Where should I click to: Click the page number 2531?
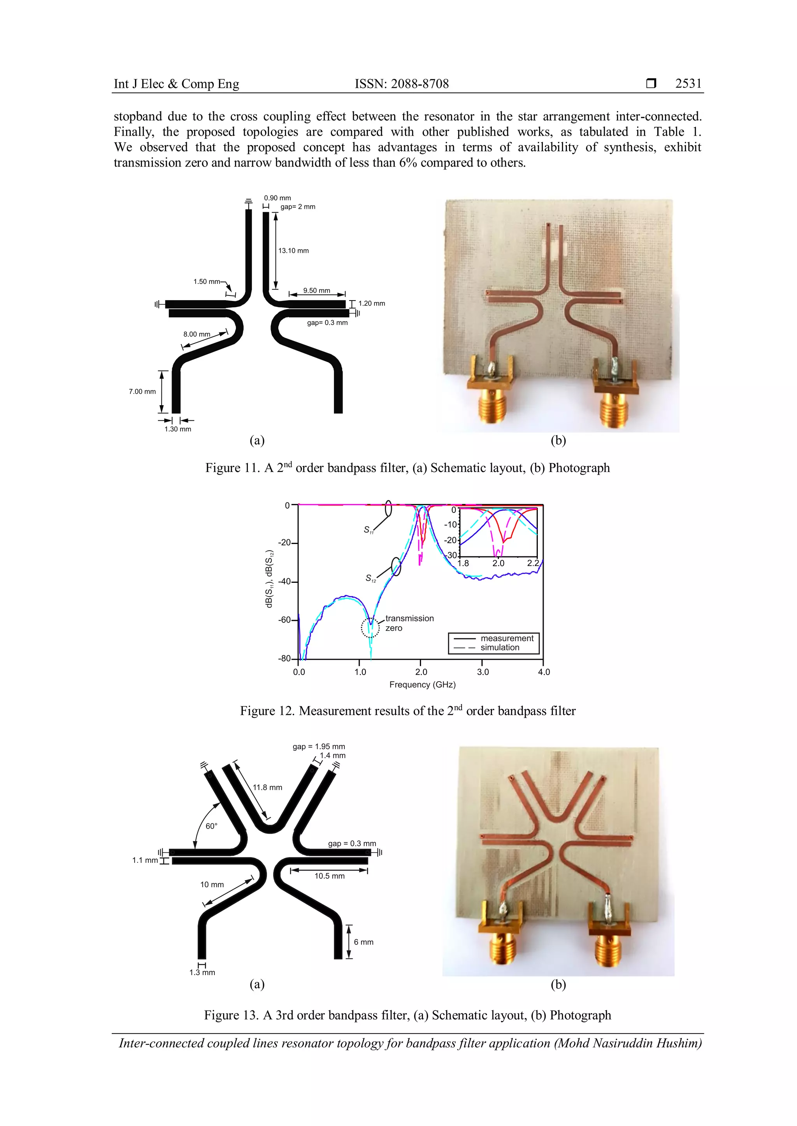click(x=688, y=84)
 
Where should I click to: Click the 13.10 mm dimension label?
click(x=293, y=251)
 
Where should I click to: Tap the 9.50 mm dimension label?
click(x=316, y=290)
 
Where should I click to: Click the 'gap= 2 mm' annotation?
click(x=298, y=207)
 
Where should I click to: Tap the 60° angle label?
click(x=212, y=826)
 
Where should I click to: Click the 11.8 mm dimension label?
click(x=267, y=787)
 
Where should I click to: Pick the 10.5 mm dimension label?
click(x=329, y=876)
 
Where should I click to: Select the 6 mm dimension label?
click(x=363, y=942)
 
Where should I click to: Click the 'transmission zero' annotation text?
click(x=409, y=623)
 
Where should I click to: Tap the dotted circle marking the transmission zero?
click(x=370, y=627)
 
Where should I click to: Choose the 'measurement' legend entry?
click(x=506, y=638)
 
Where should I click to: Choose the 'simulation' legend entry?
click(x=500, y=647)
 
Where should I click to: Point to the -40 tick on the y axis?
click(x=284, y=582)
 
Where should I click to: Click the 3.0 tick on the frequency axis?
click(x=483, y=672)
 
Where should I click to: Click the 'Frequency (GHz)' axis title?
click(x=423, y=685)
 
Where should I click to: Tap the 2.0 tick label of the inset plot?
click(x=498, y=563)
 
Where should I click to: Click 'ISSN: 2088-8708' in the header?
click(x=402, y=84)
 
